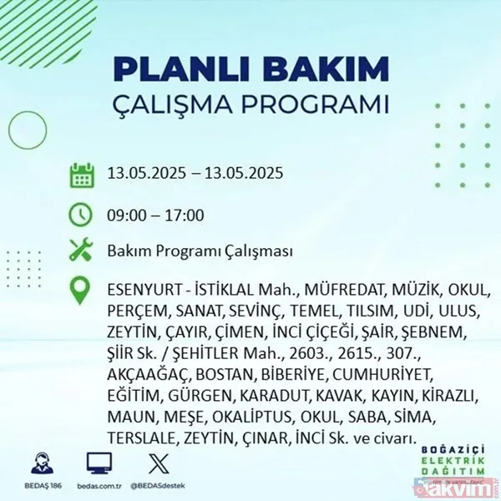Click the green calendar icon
(x=82, y=176)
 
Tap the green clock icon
(x=82, y=215)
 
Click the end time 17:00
(x=185, y=215)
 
